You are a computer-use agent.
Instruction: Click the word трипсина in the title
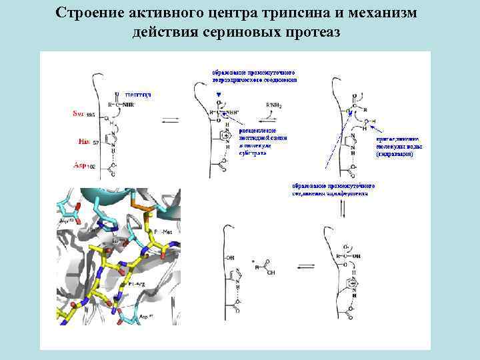274,14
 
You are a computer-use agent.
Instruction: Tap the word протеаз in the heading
311,33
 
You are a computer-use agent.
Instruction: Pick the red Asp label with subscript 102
84,165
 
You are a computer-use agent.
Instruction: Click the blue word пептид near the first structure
138,95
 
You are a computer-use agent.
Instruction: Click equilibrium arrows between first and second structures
169,121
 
